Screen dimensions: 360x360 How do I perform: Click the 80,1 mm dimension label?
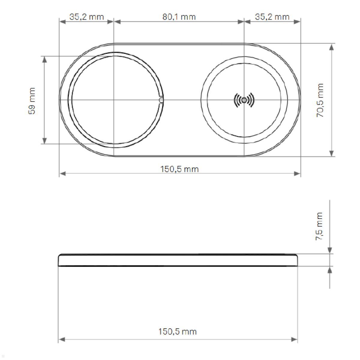(x=179, y=17)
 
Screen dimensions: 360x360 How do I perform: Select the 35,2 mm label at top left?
(x=86, y=17)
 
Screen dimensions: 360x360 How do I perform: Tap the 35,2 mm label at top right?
(x=272, y=17)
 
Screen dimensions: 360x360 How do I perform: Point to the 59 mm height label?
(x=32, y=100)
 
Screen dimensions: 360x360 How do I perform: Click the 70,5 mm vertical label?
(x=320, y=100)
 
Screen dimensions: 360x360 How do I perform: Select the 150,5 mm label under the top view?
(x=179, y=169)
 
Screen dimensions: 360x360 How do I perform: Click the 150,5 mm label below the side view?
(x=177, y=331)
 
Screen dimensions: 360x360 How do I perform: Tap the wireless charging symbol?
(x=244, y=100)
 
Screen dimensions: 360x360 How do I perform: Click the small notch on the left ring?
(x=161, y=100)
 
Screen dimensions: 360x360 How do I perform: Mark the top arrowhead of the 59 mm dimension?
(x=45, y=59)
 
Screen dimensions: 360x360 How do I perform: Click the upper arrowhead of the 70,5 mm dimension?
(x=331, y=47)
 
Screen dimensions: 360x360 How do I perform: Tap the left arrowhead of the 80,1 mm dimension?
(x=117, y=22)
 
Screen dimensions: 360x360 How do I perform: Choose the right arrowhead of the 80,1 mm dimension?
(x=241, y=22)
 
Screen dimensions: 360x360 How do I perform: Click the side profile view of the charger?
(x=178, y=260)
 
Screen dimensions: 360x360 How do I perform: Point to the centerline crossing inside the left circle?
(x=114, y=100)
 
